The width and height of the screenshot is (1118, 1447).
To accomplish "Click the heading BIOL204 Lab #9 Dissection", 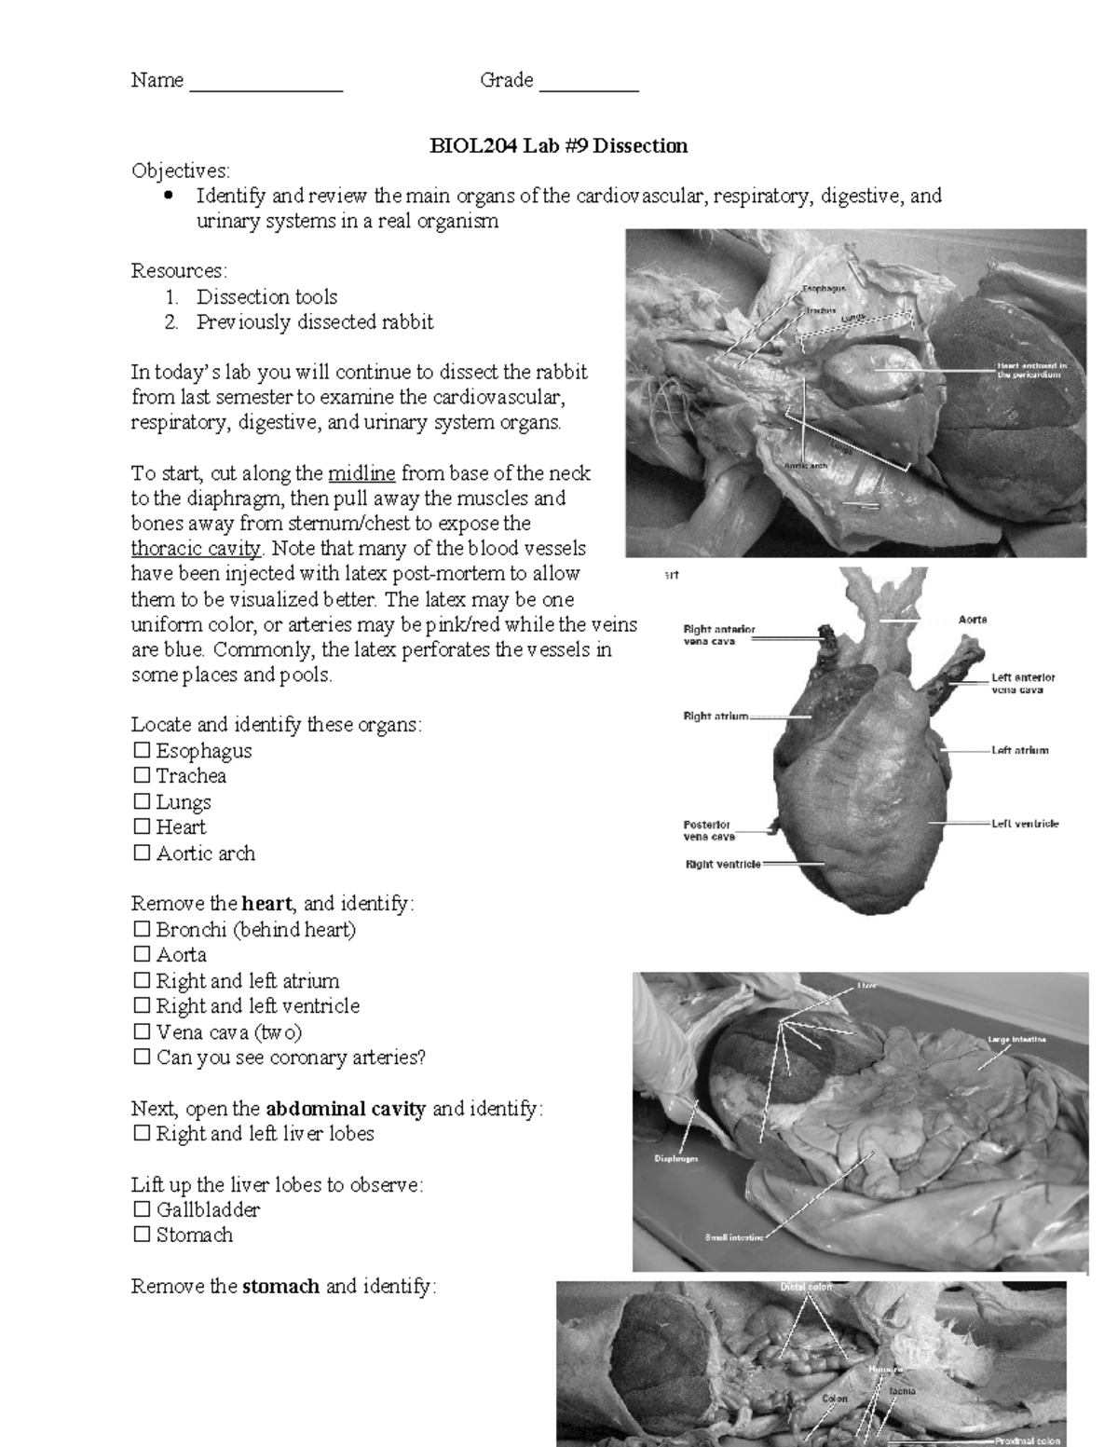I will pyautogui.click(x=558, y=145).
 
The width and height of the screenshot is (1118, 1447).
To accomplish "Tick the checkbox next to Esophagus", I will pyautogui.click(x=142, y=750).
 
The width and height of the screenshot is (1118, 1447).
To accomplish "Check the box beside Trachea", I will pyautogui.click(x=142, y=775).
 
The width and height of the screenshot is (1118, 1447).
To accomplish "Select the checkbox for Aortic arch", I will pyautogui.click(x=142, y=853).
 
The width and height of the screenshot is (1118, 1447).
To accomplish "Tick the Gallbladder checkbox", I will pyautogui.click(x=142, y=1209).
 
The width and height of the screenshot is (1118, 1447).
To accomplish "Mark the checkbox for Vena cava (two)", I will pyautogui.click(x=142, y=1031).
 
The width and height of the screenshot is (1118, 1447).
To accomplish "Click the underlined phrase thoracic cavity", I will pyautogui.click(x=197, y=548).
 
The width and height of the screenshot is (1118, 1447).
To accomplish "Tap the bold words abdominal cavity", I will pyautogui.click(x=346, y=1109).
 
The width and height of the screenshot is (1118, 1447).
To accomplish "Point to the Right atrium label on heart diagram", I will pyautogui.click(x=716, y=717).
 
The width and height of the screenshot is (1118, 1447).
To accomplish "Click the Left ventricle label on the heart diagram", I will pyautogui.click(x=1025, y=824).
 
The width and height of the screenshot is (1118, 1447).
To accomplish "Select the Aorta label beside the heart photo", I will pyautogui.click(x=973, y=620).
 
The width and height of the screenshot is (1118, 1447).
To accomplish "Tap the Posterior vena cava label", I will pyautogui.click(x=709, y=830).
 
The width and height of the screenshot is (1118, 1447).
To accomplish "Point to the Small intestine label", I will pyautogui.click(x=734, y=1237).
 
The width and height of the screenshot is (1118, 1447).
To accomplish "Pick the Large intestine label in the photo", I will pyautogui.click(x=1016, y=1039).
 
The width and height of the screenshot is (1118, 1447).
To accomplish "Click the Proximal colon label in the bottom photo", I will pyautogui.click(x=1028, y=1440).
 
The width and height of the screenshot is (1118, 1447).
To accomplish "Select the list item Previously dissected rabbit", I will pyautogui.click(x=314, y=322).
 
